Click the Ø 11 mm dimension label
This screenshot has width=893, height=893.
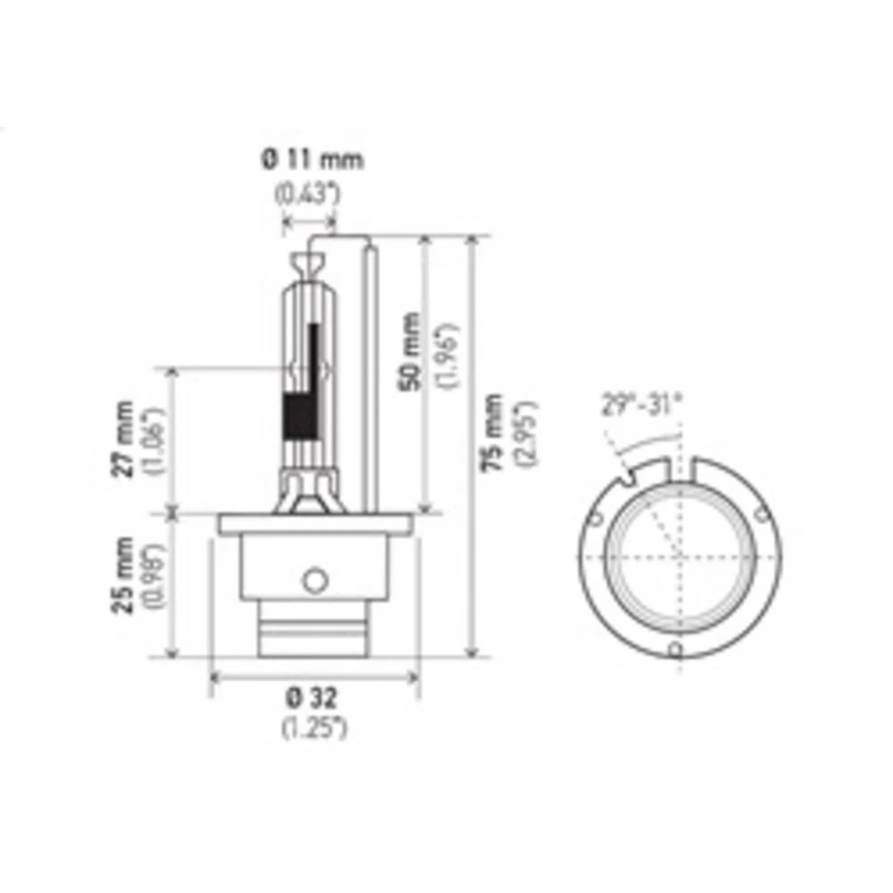pyautogui.click(x=312, y=159)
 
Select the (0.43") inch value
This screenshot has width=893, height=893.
pyautogui.click(x=308, y=194)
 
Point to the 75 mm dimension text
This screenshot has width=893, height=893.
pyautogui.click(x=494, y=431)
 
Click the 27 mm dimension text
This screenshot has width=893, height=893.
pyautogui.click(x=124, y=438)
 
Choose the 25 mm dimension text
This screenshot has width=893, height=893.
pyautogui.click(x=124, y=574)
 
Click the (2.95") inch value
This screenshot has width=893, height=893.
pyautogui.click(x=526, y=433)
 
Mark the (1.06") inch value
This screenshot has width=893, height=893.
pyautogui.click(x=155, y=439)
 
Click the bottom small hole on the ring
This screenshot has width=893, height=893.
pyautogui.click(x=676, y=649)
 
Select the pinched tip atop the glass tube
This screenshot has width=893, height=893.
pyautogui.click(x=309, y=259)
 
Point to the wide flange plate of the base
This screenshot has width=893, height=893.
pyautogui.click(x=315, y=524)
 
